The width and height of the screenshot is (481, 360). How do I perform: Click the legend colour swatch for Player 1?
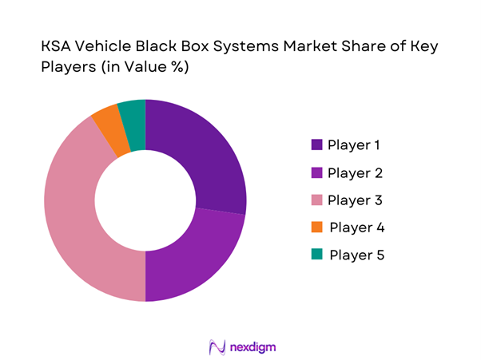316,145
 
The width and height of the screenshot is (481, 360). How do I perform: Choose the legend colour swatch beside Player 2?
316,172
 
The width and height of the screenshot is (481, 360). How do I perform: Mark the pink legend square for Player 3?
316,200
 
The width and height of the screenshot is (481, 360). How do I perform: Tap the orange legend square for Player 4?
316,227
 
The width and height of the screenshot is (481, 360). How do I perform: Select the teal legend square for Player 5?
316,255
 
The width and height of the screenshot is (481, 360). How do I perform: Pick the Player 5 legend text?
356,255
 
